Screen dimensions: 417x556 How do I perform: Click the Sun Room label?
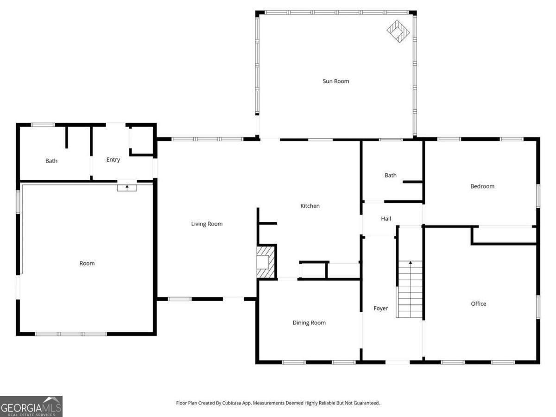335,81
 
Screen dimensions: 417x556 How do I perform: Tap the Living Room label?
207,224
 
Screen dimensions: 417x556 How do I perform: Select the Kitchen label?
310,206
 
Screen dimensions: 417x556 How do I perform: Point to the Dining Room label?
309,322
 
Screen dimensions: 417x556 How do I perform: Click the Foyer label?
380,308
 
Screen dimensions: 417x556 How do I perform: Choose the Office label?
478,303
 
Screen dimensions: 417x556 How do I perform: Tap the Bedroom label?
482,186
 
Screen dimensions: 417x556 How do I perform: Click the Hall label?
386,218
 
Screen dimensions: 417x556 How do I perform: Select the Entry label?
113,159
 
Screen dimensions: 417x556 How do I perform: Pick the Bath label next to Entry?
51,161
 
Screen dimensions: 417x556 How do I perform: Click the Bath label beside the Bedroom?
391,175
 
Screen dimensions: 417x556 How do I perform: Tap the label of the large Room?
87,263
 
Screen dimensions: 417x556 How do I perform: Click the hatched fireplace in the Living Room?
266,262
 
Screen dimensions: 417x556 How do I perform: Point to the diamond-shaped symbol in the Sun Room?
398,32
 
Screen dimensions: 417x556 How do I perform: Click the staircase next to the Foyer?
410,290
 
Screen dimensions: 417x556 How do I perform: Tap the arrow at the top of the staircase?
410,263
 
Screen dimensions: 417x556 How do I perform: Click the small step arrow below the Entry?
127,187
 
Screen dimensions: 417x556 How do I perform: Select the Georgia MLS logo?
31,407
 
